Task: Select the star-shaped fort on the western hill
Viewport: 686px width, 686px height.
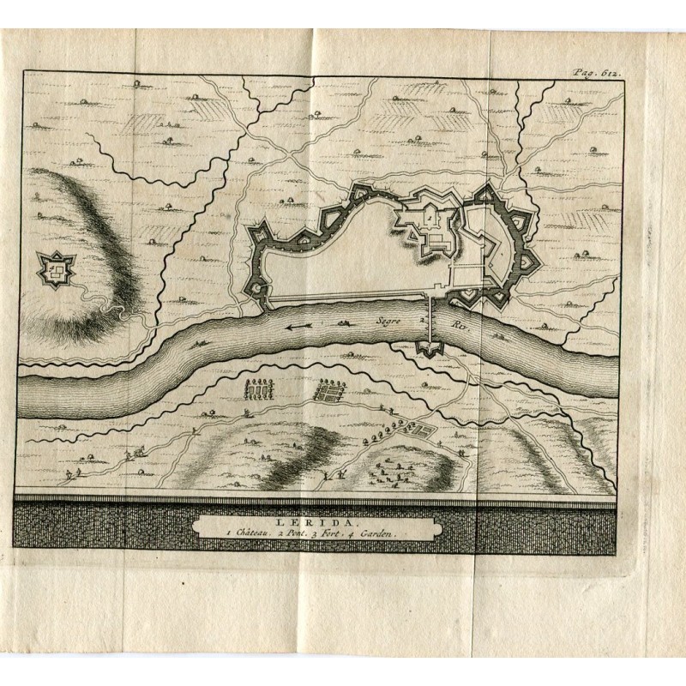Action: click(x=57, y=271)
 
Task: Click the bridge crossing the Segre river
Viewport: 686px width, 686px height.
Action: click(x=429, y=323)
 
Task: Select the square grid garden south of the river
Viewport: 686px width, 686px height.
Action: click(x=327, y=392)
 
